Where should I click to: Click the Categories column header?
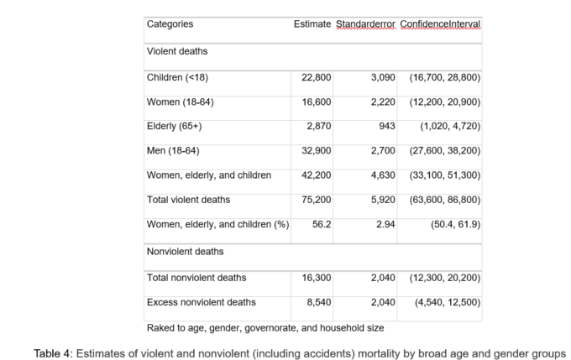click(170, 24)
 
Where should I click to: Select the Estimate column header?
click(312, 24)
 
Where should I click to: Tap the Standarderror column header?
click(365, 24)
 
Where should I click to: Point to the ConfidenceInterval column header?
click(440, 24)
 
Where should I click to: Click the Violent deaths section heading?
click(177, 51)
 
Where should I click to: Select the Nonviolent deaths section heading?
click(185, 252)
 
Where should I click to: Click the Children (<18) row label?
click(177, 77)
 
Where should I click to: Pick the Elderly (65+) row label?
click(174, 127)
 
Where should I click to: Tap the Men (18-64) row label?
click(173, 151)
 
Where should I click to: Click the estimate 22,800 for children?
click(316, 77)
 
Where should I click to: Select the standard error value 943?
click(387, 127)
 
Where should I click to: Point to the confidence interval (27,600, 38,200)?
click(445, 151)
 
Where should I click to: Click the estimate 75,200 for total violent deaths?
click(316, 200)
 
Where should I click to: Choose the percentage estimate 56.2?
click(322, 224)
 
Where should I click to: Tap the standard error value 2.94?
click(385, 224)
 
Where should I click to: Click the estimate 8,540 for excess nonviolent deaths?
click(319, 302)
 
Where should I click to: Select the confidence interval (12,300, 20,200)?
click(445, 278)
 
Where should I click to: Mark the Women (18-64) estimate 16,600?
click(316, 102)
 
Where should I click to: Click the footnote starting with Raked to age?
click(265, 328)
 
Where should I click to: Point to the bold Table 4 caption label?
click(53, 353)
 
